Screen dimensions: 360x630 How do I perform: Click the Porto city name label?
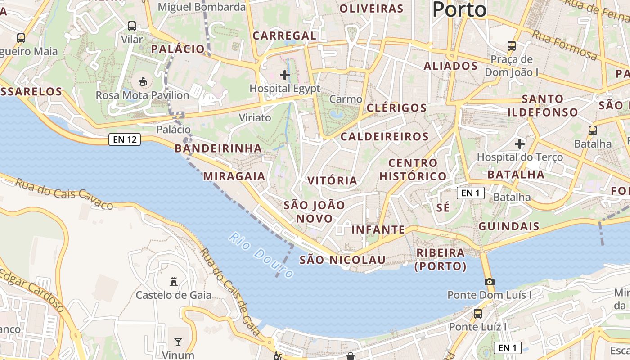pyautogui.click(x=459, y=9)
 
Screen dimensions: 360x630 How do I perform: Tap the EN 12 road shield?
pyautogui.click(x=125, y=139)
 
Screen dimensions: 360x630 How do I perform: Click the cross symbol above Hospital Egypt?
pyautogui.click(x=285, y=75)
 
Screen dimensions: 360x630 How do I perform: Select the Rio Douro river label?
pyautogui.click(x=261, y=255)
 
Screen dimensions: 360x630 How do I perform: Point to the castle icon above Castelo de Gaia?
pyautogui.click(x=173, y=282)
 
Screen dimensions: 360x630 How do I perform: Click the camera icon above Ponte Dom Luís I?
pyautogui.click(x=489, y=282)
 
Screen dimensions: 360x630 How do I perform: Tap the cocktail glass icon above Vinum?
pyautogui.click(x=178, y=342)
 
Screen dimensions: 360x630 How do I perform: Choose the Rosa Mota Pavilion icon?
pyautogui.click(x=142, y=81)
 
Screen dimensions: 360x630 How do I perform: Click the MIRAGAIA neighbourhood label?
pyautogui.click(x=234, y=176)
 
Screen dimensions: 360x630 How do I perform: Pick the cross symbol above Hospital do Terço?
pyautogui.click(x=520, y=144)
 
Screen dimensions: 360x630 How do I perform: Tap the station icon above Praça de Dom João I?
pyautogui.click(x=511, y=45)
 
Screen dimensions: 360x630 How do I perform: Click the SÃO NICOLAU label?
pyautogui.click(x=342, y=260)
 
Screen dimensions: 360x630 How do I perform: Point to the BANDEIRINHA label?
pyautogui.click(x=218, y=148)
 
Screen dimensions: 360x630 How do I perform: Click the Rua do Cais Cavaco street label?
pyautogui.click(x=64, y=194)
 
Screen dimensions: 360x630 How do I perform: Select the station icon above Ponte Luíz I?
pyautogui.click(x=477, y=313)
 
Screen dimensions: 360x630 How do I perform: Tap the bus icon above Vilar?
pyautogui.click(x=132, y=26)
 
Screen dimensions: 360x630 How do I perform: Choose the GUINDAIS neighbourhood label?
pyautogui.click(x=508, y=226)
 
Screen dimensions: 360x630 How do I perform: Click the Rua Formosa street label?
pyautogui.click(x=565, y=45)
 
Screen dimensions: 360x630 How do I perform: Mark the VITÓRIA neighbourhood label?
pyautogui.click(x=332, y=180)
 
